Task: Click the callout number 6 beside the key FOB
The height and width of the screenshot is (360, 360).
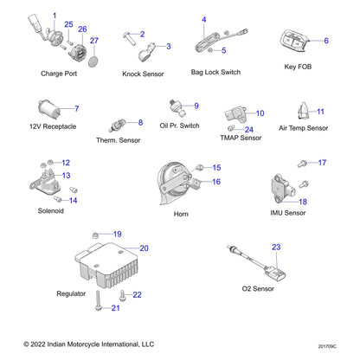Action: [x=326, y=41]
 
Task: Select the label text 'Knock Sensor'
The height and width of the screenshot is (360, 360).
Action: [x=143, y=74]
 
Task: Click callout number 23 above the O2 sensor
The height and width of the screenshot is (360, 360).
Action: [x=276, y=247]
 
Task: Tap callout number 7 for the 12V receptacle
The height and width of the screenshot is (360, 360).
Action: [x=76, y=108]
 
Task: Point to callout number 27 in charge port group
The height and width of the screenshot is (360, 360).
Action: [x=93, y=41]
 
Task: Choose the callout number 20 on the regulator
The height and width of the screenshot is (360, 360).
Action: [x=144, y=248]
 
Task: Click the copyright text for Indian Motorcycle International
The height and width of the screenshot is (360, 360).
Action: [x=83, y=344]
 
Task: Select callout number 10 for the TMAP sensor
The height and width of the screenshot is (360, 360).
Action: [x=260, y=113]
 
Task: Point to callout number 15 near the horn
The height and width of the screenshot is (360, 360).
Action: [x=216, y=167]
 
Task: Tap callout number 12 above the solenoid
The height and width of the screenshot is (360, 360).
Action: [x=66, y=163]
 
